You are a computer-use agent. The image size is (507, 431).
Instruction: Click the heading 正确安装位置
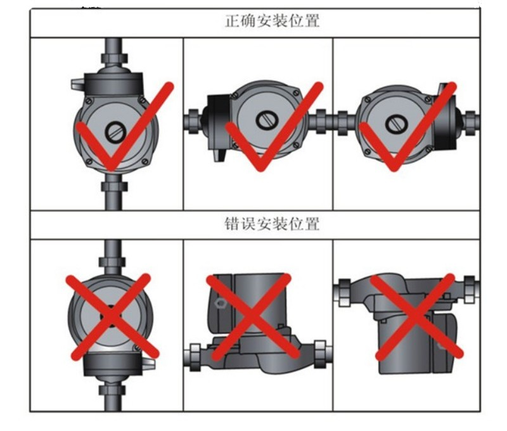point(273,21)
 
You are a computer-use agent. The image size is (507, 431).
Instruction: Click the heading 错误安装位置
point(273,224)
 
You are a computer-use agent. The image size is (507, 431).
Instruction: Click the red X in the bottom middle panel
point(252,318)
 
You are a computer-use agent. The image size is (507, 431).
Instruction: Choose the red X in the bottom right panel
point(416,317)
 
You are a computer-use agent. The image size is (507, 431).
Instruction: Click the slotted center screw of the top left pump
point(115,132)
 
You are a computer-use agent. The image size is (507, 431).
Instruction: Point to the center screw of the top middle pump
point(267,120)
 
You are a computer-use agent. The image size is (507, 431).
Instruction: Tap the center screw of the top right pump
point(397,124)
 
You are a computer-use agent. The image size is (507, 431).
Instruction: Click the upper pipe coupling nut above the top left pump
point(114,58)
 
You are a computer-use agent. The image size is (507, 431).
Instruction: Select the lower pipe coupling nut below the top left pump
point(114,186)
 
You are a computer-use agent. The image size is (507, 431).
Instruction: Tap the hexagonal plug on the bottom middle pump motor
point(220,304)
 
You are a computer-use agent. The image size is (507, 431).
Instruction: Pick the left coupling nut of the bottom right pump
point(344,293)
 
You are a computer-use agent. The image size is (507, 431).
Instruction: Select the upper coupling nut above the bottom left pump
point(112,262)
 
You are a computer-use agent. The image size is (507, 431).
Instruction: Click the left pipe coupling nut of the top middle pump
point(194,121)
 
